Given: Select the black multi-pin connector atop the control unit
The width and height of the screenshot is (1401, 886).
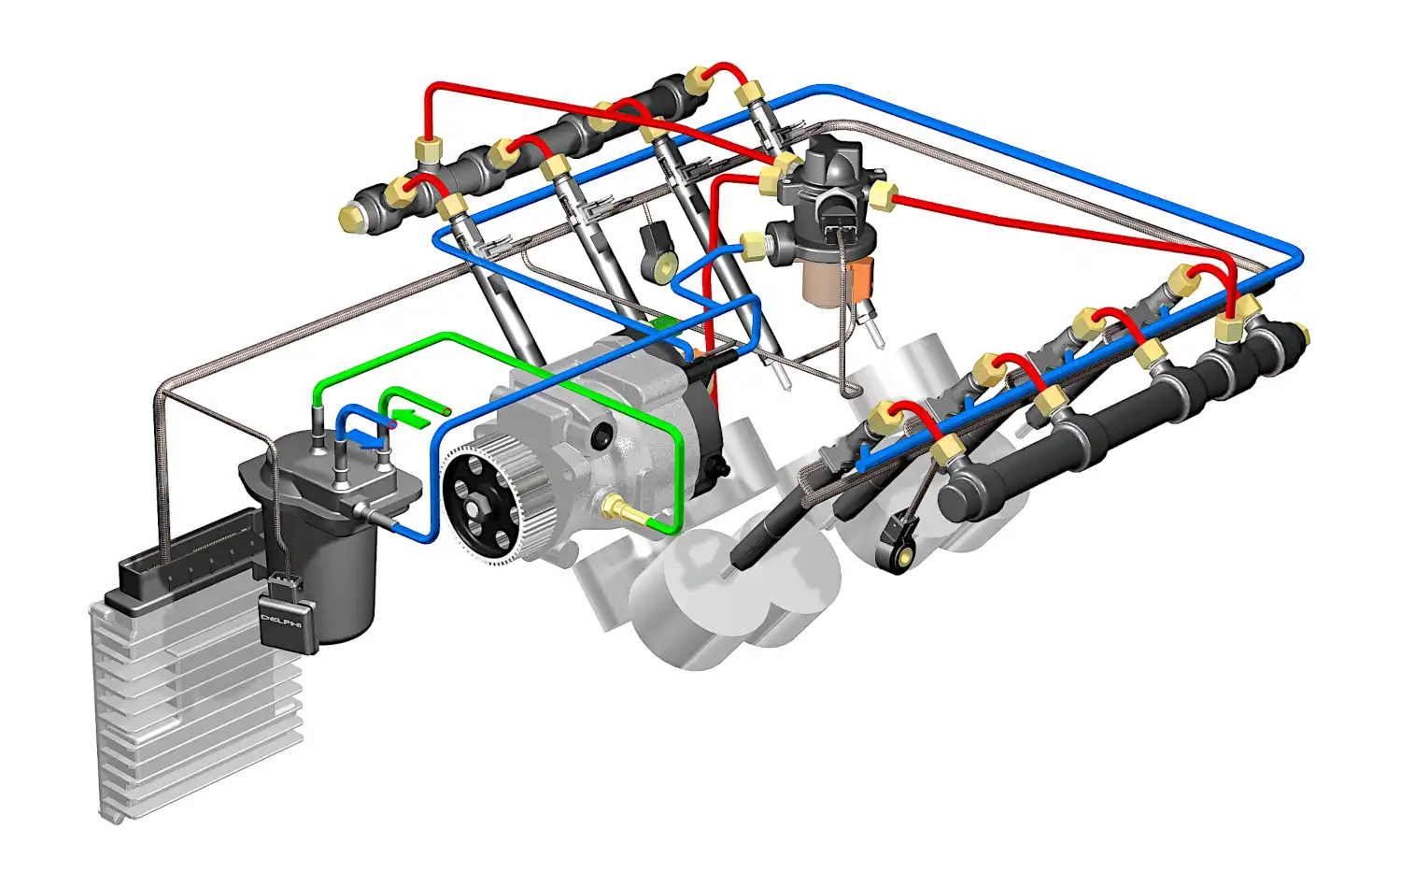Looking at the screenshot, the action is [188, 550].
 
